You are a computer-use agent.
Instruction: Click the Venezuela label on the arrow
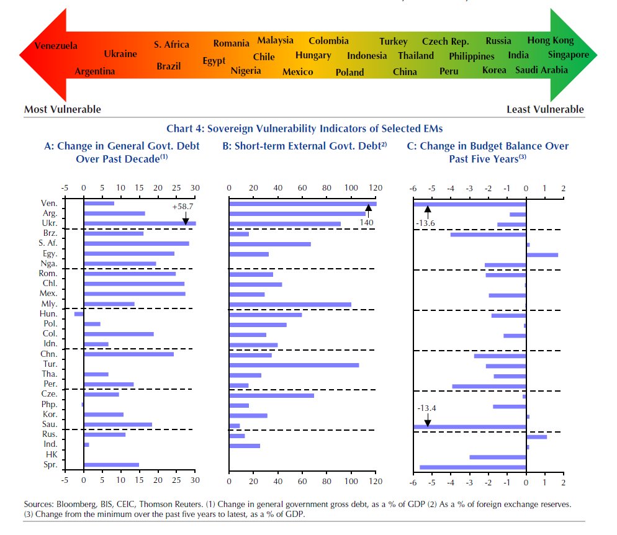pyautogui.click(x=56, y=46)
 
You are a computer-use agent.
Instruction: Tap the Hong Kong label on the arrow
pyautogui.click(x=551, y=40)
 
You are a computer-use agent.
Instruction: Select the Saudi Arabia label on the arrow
pyautogui.click(x=541, y=70)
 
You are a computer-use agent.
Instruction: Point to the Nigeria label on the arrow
pyautogui.click(x=246, y=71)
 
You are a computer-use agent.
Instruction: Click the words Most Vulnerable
pyautogui.click(x=63, y=109)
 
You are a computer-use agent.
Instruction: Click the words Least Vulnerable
pyautogui.click(x=545, y=109)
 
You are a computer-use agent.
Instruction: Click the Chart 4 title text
pyautogui.click(x=305, y=128)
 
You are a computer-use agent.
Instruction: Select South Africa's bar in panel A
pyautogui.click(x=136, y=243)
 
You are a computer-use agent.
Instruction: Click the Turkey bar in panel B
pyautogui.click(x=294, y=365)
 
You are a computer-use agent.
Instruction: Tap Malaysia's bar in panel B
pyautogui.click(x=290, y=304)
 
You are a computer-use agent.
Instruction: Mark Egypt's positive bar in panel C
pyautogui.click(x=541, y=254)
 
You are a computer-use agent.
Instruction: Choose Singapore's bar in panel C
pyautogui.click(x=472, y=467)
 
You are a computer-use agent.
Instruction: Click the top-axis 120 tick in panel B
pyautogui.click(x=376, y=188)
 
